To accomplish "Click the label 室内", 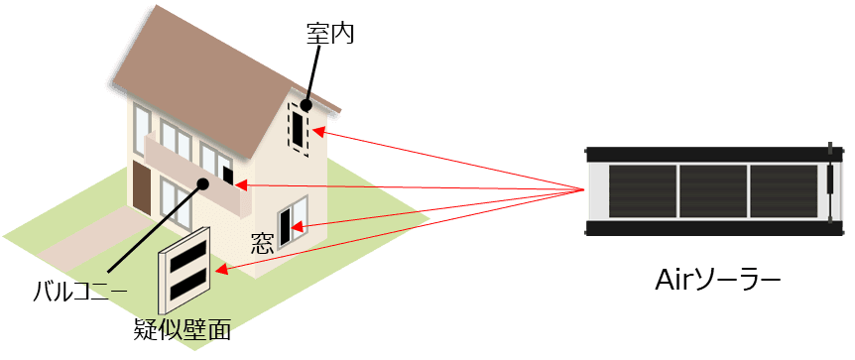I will click(330, 34).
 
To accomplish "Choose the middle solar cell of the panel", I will click(712, 192).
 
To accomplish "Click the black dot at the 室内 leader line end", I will click(306, 104).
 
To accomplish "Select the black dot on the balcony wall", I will click(202, 182).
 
